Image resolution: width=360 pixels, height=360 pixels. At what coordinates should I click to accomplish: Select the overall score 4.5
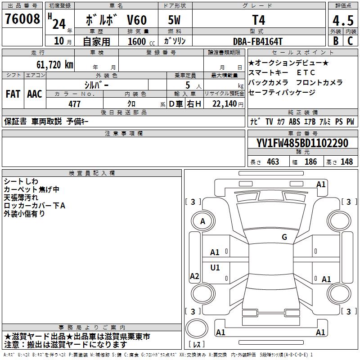342,21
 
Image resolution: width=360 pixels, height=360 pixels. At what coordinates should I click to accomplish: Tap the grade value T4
259,20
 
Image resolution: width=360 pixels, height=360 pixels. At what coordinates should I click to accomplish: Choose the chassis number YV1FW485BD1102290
302,144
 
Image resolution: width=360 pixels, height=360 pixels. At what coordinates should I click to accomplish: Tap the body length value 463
273,162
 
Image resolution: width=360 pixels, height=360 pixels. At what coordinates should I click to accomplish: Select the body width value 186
310,162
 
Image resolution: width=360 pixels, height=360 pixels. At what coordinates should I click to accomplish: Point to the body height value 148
346,162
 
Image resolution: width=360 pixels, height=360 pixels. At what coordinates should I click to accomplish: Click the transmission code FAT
13,94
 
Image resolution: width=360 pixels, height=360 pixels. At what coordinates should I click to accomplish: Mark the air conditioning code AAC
35,94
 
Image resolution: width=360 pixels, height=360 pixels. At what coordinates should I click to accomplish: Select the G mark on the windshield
284,237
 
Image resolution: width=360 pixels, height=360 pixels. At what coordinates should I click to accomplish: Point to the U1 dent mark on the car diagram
215,268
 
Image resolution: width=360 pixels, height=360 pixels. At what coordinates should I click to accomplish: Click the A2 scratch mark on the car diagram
194,276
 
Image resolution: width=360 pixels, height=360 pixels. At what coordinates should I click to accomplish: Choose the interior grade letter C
350,41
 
